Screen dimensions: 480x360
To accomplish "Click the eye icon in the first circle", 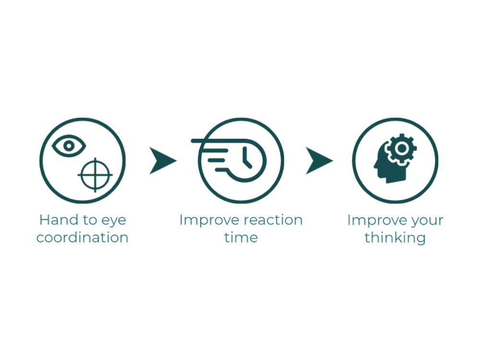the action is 69,146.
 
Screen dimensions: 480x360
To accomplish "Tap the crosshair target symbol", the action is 95,175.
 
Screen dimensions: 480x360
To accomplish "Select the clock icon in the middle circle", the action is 244,160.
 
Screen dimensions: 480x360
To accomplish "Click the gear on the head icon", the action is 401,149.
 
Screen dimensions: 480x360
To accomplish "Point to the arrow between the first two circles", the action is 162,161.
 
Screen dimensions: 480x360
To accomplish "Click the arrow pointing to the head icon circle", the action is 319,161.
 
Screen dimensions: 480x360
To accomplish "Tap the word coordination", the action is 83,238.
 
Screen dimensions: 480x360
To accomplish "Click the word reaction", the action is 273,220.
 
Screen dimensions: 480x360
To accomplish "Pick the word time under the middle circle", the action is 241,238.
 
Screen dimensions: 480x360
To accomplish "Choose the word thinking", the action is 395,239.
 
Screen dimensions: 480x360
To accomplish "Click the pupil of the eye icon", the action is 69,146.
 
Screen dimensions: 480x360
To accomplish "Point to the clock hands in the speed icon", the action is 247,158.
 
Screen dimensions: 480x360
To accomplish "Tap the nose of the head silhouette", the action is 375,166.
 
